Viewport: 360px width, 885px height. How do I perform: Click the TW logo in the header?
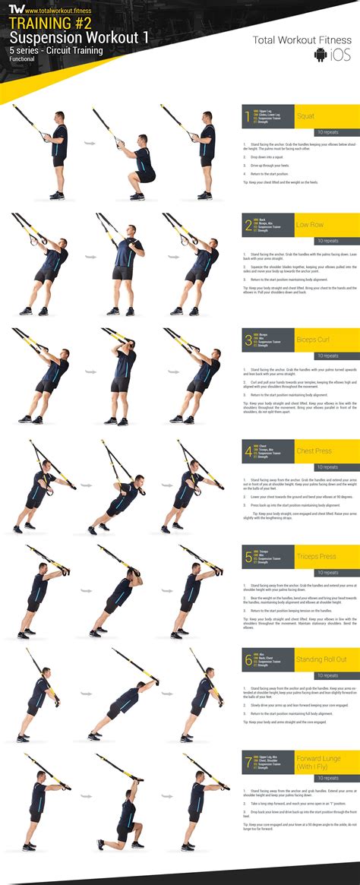tap(14, 9)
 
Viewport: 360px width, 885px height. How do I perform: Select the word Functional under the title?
tap(24, 58)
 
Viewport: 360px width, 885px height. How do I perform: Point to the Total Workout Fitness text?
tap(302, 40)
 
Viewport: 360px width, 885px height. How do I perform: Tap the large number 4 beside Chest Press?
tap(248, 452)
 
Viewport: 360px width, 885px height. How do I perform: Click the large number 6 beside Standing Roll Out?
tap(248, 659)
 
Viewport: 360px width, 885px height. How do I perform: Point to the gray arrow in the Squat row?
tap(89, 143)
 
